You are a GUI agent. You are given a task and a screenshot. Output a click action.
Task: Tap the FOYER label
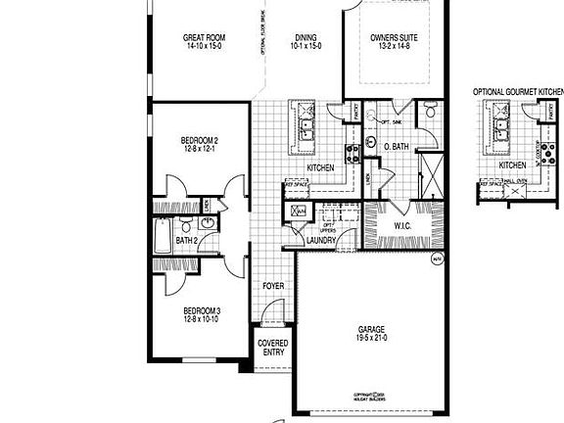pyautogui.click(x=274, y=286)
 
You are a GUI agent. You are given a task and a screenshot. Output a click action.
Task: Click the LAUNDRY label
pyautogui.click(x=321, y=239)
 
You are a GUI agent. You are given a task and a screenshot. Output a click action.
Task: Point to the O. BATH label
pyautogui.click(x=397, y=147)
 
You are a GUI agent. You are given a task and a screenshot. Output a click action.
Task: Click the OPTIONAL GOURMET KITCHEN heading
pyautogui.click(x=518, y=92)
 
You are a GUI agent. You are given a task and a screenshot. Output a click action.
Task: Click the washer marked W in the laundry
pyautogui.click(x=298, y=211)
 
